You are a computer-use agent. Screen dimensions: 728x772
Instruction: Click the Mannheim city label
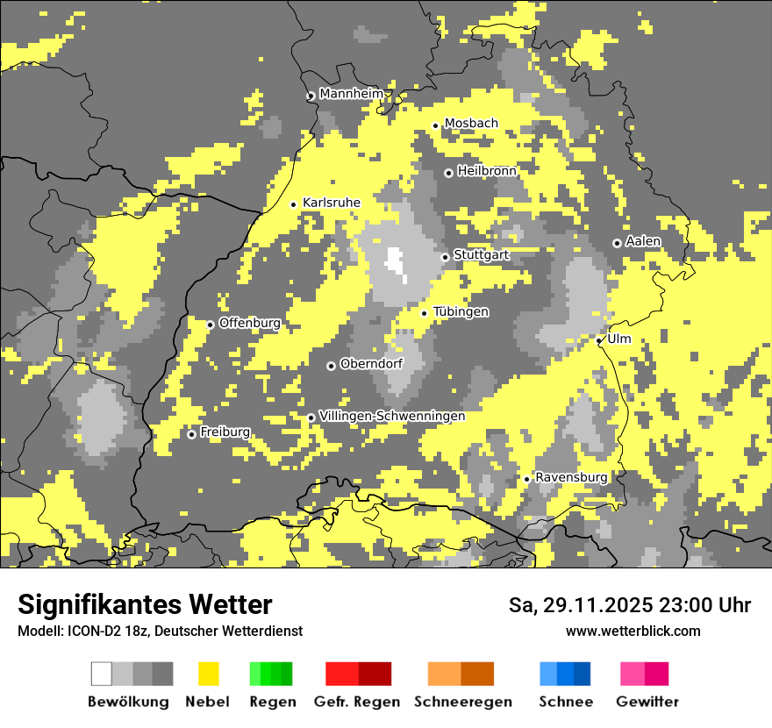(352, 94)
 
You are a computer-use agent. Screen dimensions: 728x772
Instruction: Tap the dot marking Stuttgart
(445, 257)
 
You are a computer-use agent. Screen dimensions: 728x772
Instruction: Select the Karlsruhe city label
(332, 203)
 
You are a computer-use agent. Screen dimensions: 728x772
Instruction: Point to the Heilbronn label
(487, 171)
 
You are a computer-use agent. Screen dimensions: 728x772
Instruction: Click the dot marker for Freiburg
(191, 434)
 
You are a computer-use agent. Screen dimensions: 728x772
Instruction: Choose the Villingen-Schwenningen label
(392, 416)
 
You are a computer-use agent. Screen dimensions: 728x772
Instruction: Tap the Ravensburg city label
(571, 477)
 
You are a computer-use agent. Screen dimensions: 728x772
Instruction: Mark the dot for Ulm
(599, 340)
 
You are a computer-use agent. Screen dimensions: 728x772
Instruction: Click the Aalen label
(643, 241)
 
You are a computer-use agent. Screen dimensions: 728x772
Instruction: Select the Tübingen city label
(461, 311)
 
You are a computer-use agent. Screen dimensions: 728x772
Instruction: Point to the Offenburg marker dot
(211, 325)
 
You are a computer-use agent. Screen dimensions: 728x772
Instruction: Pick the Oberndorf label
(371, 364)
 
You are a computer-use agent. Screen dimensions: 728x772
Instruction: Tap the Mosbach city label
(471, 124)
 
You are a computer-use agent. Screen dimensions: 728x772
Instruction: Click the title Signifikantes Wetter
(145, 604)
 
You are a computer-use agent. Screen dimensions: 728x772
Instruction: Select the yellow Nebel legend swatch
(208, 674)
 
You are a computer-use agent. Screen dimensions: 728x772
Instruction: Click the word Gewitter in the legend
(647, 702)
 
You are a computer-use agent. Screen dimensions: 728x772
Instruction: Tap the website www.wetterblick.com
(633, 631)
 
